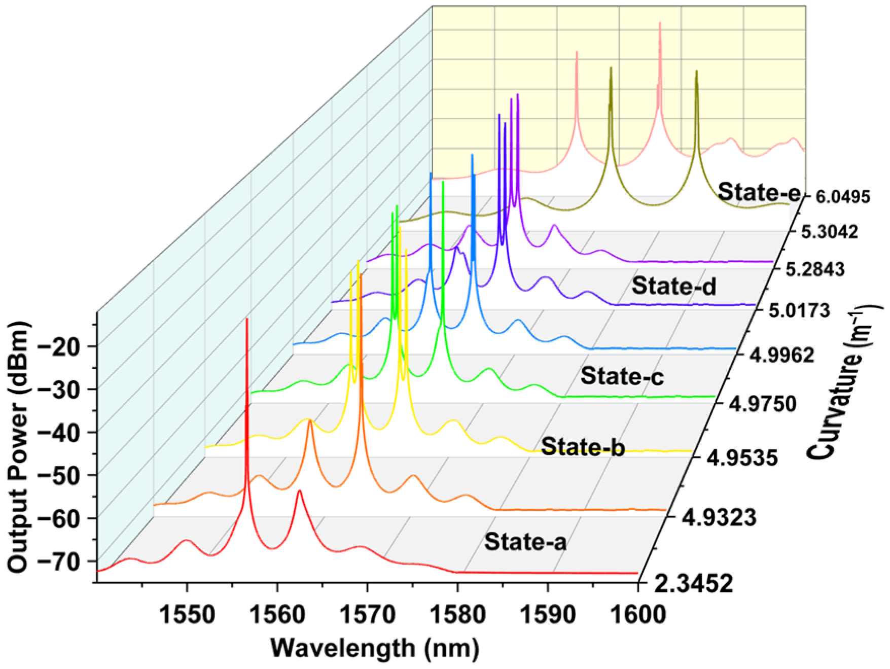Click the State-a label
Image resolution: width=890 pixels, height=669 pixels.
(525, 542)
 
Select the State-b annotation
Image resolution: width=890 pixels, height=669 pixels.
(583, 447)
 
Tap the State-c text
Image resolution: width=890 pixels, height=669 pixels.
(622, 376)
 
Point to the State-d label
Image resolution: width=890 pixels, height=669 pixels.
(674, 286)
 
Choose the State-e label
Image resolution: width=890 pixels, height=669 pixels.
(759, 193)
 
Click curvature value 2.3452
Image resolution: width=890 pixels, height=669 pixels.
(693, 584)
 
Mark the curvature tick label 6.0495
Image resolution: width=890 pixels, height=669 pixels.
(843, 197)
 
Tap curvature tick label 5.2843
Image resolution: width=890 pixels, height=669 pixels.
(815, 269)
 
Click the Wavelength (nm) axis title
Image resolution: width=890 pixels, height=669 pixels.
(374, 649)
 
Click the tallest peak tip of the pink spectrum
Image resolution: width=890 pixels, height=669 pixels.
(660, 23)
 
